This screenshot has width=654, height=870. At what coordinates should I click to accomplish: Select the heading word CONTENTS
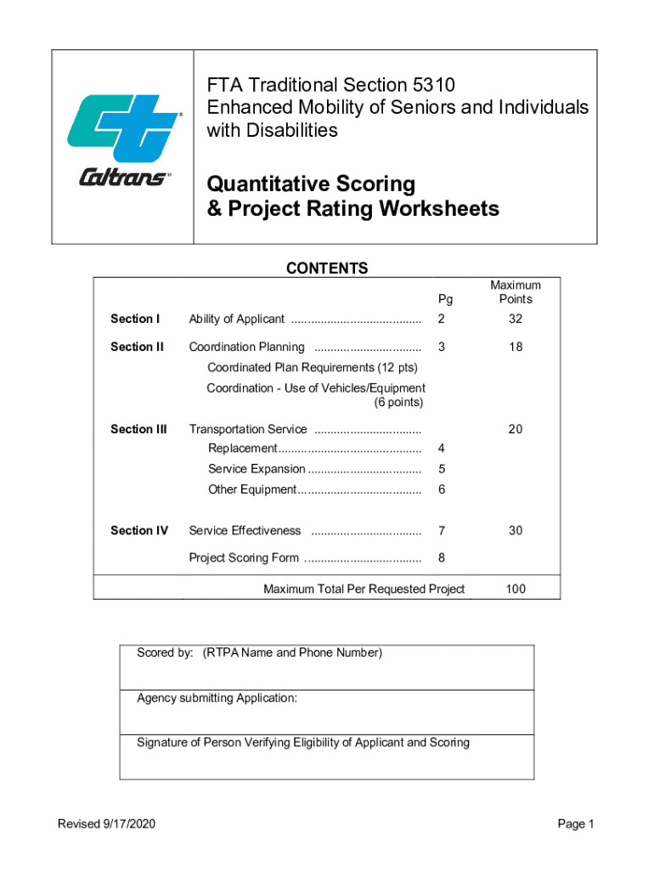point(327,269)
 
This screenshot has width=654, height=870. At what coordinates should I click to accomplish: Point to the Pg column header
point(445,299)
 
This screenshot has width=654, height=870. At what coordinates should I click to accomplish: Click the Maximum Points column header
point(516,292)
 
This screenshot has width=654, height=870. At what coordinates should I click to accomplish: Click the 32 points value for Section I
point(516,319)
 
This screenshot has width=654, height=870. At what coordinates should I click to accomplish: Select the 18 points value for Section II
point(516,347)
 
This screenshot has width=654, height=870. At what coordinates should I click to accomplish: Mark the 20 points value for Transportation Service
point(516,429)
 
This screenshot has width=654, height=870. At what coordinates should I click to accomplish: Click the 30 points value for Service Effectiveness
point(516,531)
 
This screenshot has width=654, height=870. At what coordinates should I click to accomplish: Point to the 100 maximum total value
point(516,589)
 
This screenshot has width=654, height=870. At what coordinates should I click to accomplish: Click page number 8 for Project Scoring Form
point(442,558)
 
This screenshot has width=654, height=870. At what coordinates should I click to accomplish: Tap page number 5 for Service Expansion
point(442,469)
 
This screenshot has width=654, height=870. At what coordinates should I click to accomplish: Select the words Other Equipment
point(251,490)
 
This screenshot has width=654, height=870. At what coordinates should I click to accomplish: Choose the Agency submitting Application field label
point(217,698)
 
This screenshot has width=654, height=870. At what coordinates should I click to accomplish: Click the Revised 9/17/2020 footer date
point(106,824)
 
